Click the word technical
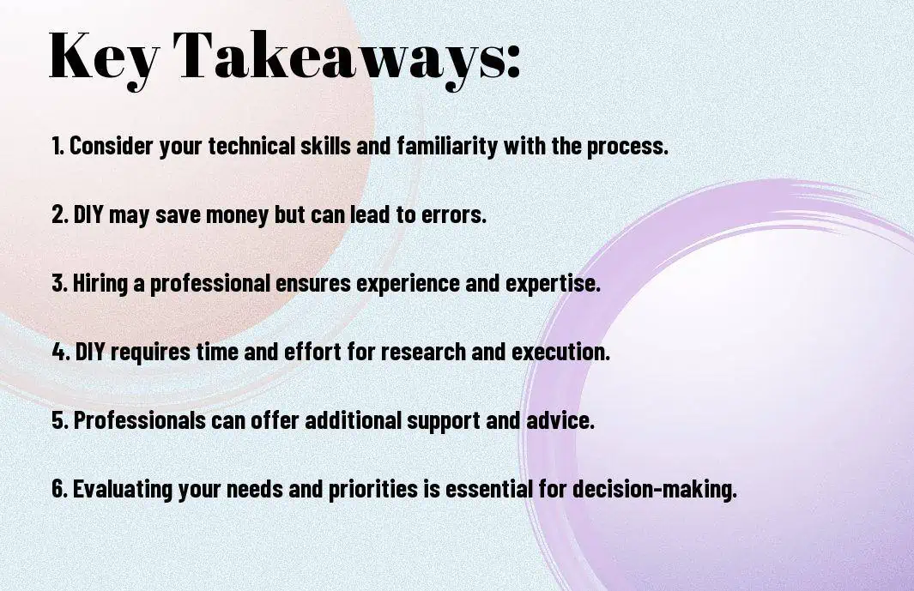click(251, 146)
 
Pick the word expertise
click(553, 284)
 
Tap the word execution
click(560, 352)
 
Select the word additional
click(354, 420)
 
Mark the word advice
click(560, 420)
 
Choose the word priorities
click(373, 489)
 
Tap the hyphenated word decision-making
click(655, 489)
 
